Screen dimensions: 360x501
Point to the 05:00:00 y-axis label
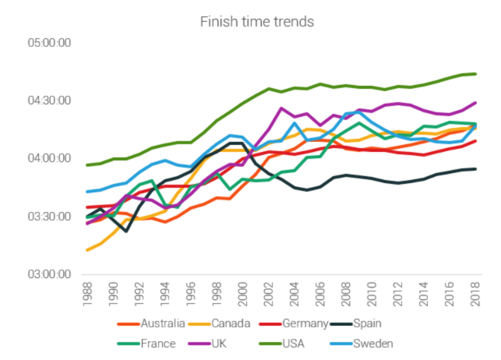(49, 42)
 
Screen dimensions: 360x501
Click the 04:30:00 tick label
(49, 100)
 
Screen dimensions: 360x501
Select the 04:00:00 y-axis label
(49, 158)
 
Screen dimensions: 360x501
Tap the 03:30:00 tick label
(49, 216)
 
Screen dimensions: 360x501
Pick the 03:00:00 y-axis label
(49, 274)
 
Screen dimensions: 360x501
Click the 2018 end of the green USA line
(475, 74)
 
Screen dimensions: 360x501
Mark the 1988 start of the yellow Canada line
(87, 250)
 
